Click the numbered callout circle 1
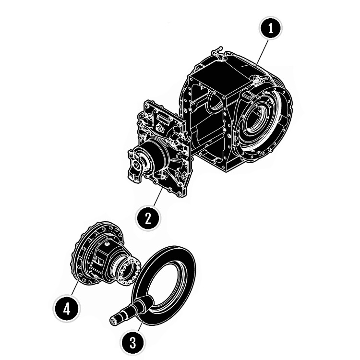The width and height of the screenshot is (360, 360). pos(271,28)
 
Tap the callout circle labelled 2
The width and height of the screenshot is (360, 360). pos(148,218)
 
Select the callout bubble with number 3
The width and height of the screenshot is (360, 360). pos(132,343)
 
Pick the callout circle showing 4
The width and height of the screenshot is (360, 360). pos(67,309)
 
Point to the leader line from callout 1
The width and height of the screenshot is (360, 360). pos(262,53)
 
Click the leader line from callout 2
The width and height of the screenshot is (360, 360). pos(158,198)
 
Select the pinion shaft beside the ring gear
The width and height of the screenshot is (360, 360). pos(132,311)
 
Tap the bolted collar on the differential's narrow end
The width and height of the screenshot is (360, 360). pos(129,271)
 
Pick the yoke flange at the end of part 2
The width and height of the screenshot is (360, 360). pos(136,165)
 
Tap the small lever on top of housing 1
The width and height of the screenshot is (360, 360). pos(218,53)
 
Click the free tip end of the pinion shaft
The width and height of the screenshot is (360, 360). pos(113,321)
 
